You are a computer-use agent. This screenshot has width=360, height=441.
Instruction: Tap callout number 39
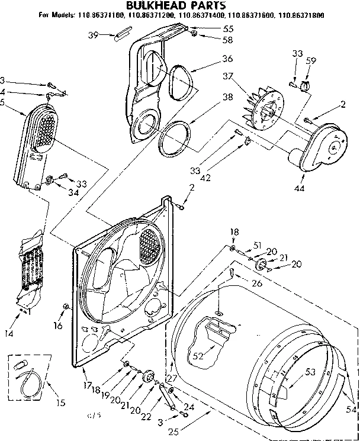92,35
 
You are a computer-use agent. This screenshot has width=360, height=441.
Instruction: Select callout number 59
311,60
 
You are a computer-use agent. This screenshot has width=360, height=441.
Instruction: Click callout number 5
4,101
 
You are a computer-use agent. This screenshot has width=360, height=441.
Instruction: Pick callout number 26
256,283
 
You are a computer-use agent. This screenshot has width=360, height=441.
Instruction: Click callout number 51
256,245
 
